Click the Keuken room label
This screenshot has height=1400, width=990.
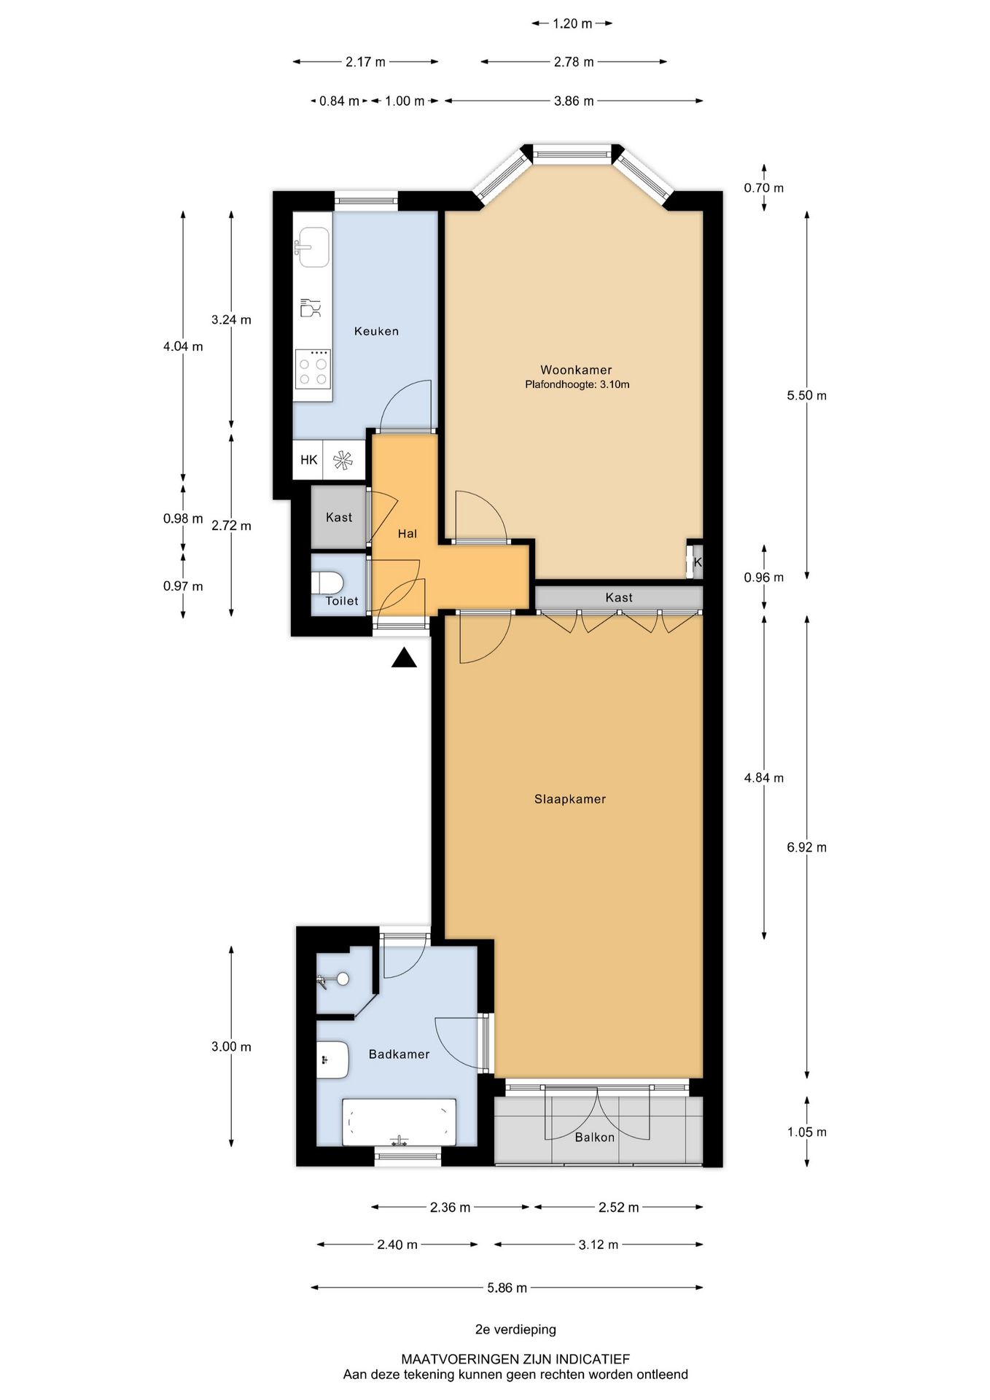pos(376,331)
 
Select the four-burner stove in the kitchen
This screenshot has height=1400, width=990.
pos(313,369)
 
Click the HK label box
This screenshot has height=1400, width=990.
pos(308,460)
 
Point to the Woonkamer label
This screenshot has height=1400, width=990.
pos(576,370)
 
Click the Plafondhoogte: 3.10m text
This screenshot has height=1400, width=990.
pos(577,384)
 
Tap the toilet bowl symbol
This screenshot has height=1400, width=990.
pos(328,583)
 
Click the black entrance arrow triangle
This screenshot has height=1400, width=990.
pos(404,659)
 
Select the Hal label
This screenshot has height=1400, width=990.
pos(407,534)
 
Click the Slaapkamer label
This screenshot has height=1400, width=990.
pos(570,799)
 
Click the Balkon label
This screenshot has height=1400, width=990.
pos(594,1137)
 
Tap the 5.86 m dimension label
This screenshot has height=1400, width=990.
pos(507,1288)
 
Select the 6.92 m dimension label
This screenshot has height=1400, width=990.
pos(806,847)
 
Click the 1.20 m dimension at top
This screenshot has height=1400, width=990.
pos(572,23)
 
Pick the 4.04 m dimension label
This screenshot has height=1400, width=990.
pos(183,346)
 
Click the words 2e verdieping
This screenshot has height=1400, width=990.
pos(515,1329)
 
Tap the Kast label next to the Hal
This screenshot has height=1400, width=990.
pos(339,518)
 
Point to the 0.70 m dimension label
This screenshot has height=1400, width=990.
pos(763,188)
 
